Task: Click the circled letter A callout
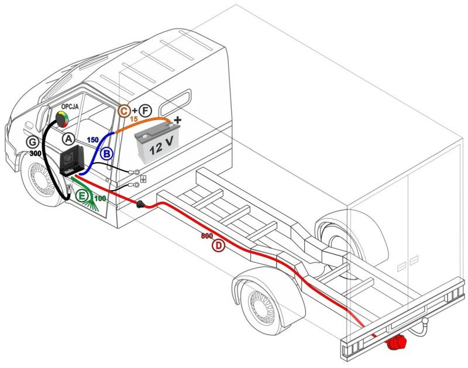69,139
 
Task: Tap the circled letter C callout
124,110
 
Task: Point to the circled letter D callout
218,246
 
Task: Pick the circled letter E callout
83,195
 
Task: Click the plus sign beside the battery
178,121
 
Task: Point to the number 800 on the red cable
206,236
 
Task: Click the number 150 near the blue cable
92,140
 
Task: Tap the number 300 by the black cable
36,153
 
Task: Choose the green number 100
100,199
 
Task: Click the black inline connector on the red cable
141,205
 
